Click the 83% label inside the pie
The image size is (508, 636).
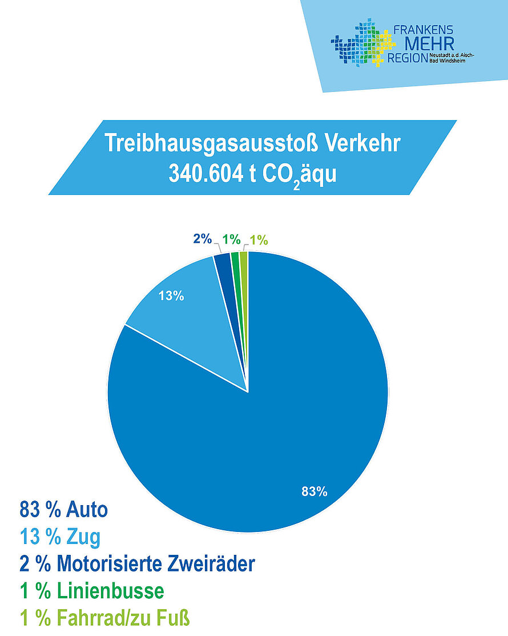tap(315, 491)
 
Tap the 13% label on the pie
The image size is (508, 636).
tap(171, 296)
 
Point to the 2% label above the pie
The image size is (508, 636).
tap(203, 239)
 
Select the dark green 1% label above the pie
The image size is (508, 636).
tap(231, 240)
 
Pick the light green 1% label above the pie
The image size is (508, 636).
tap(259, 241)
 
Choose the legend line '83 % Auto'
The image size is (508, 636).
tap(63, 509)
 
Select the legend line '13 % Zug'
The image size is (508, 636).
tap(60, 537)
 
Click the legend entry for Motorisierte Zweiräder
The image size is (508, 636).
tap(137, 565)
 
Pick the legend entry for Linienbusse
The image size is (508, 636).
tap(92, 591)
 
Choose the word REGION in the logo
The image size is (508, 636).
tap(407, 58)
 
